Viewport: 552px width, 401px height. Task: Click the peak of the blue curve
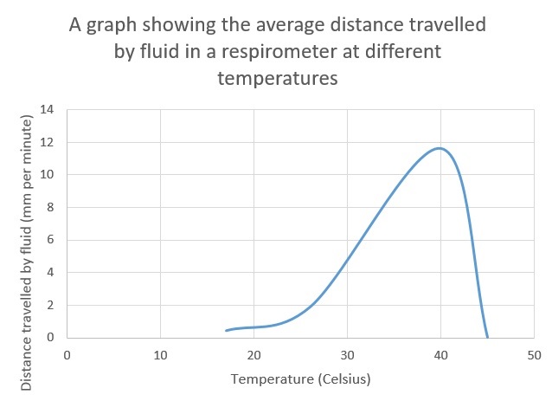440,148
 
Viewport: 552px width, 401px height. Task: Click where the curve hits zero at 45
487,337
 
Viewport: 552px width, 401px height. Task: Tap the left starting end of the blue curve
226,331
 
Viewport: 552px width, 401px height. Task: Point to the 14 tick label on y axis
48,110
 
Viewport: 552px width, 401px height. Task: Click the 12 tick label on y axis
48,142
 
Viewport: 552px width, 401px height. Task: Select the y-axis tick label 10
48,175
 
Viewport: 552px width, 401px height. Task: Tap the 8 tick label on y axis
50,208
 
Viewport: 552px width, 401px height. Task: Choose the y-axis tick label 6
50,240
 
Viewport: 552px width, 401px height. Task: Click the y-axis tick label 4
50,273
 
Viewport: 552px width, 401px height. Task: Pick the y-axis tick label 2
50,305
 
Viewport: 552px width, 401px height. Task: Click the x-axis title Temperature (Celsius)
300,378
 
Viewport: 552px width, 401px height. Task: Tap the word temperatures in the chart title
276,78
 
